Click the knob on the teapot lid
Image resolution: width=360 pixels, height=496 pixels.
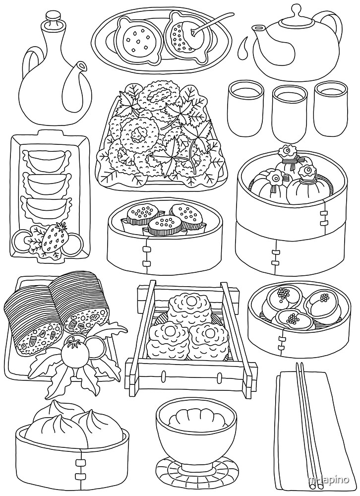point(297,9)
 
